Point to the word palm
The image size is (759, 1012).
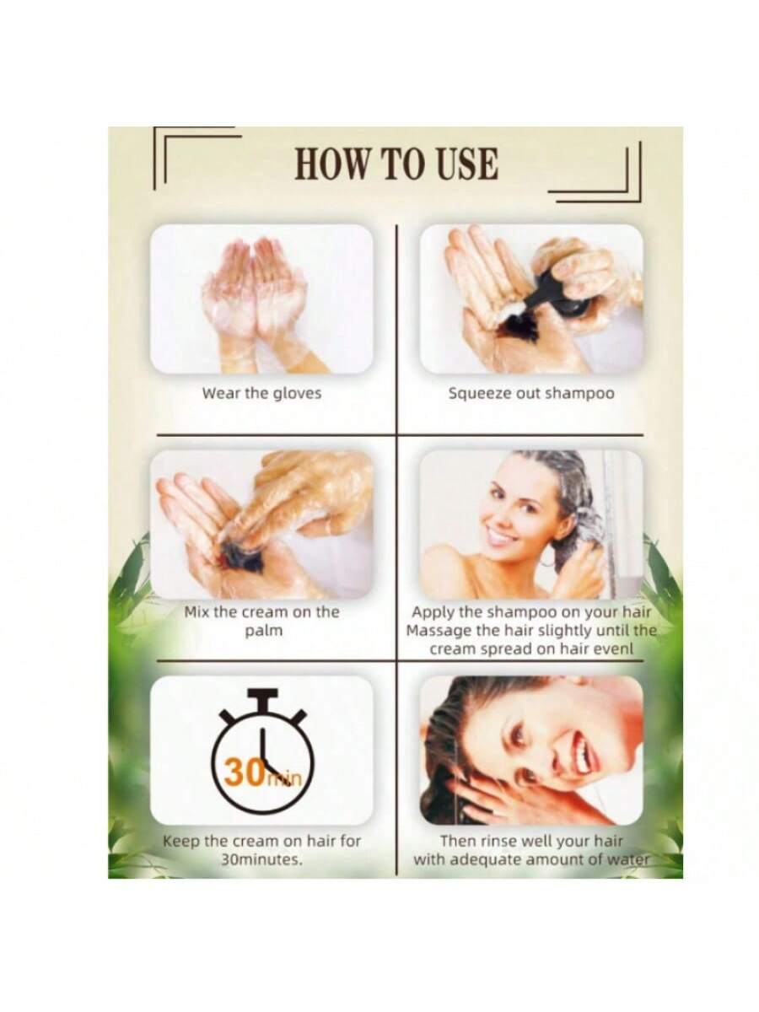coord(263,630)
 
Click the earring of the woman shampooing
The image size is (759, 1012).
coord(546,563)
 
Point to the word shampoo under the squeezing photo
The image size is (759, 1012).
coord(579,394)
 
